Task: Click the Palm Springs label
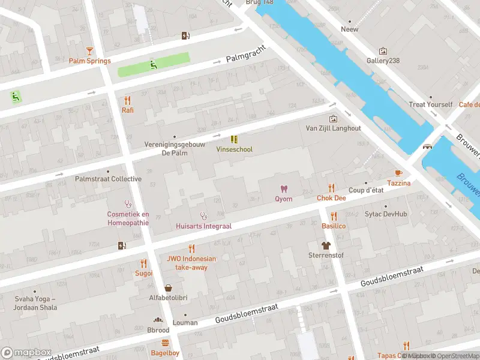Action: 89,61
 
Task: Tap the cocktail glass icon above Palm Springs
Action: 89,50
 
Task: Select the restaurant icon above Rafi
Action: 127,100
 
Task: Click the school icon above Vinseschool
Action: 234,139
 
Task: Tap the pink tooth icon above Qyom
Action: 284,189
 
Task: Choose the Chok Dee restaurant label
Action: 331,198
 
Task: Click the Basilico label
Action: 334,226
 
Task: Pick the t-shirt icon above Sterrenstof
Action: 326,245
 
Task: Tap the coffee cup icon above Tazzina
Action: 398,173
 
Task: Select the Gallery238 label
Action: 383,61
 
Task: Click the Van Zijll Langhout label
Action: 333,128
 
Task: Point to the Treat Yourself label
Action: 430,104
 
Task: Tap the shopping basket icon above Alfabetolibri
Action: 168,287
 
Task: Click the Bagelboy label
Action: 165,353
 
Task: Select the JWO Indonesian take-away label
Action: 191,263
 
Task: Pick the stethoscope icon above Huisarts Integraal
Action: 203,216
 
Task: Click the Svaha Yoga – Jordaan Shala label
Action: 36,303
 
